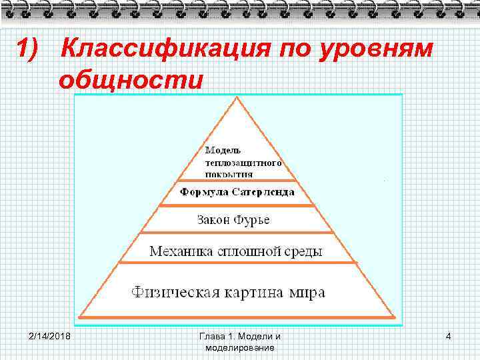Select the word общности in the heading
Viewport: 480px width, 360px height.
tap(130, 80)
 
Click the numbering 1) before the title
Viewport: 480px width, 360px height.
tap(30, 49)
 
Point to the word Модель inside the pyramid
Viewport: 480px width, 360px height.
tap(223, 151)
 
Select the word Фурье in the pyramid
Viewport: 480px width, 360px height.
tap(251, 219)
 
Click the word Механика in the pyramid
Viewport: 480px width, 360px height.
tap(181, 251)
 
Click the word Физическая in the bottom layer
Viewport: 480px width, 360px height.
tap(171, 292)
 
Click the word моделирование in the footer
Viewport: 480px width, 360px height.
tap(239, 347)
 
